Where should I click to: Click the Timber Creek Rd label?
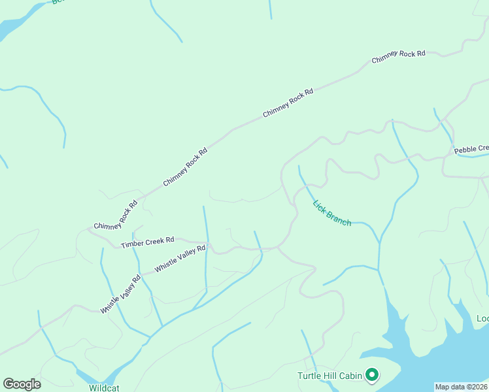(x=148, y=242)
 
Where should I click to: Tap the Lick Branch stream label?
(x=332, y=212)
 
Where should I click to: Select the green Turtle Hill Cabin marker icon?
(x=372, y=375)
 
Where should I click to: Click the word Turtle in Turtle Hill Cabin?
(x=310, y=376)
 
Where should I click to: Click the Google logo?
(x=22, y=384)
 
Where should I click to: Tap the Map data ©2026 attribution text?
(x=462, y=387)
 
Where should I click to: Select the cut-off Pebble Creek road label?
(x=471, y=150)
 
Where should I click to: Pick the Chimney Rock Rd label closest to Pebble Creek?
(x=399, y=57)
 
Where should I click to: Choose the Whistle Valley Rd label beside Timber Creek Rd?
(x=180, y=259)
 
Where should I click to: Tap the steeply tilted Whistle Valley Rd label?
(x=121, y=293)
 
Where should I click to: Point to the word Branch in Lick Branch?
(x=339, y=219)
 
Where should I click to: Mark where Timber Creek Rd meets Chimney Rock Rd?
(x=89, y=229)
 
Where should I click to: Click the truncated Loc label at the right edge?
(x=482, y=318)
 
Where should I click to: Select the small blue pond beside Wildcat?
(x=87, y=376)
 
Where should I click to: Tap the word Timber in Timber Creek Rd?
(x=133, y=245)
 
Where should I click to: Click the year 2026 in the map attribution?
(x=480, y=387)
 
